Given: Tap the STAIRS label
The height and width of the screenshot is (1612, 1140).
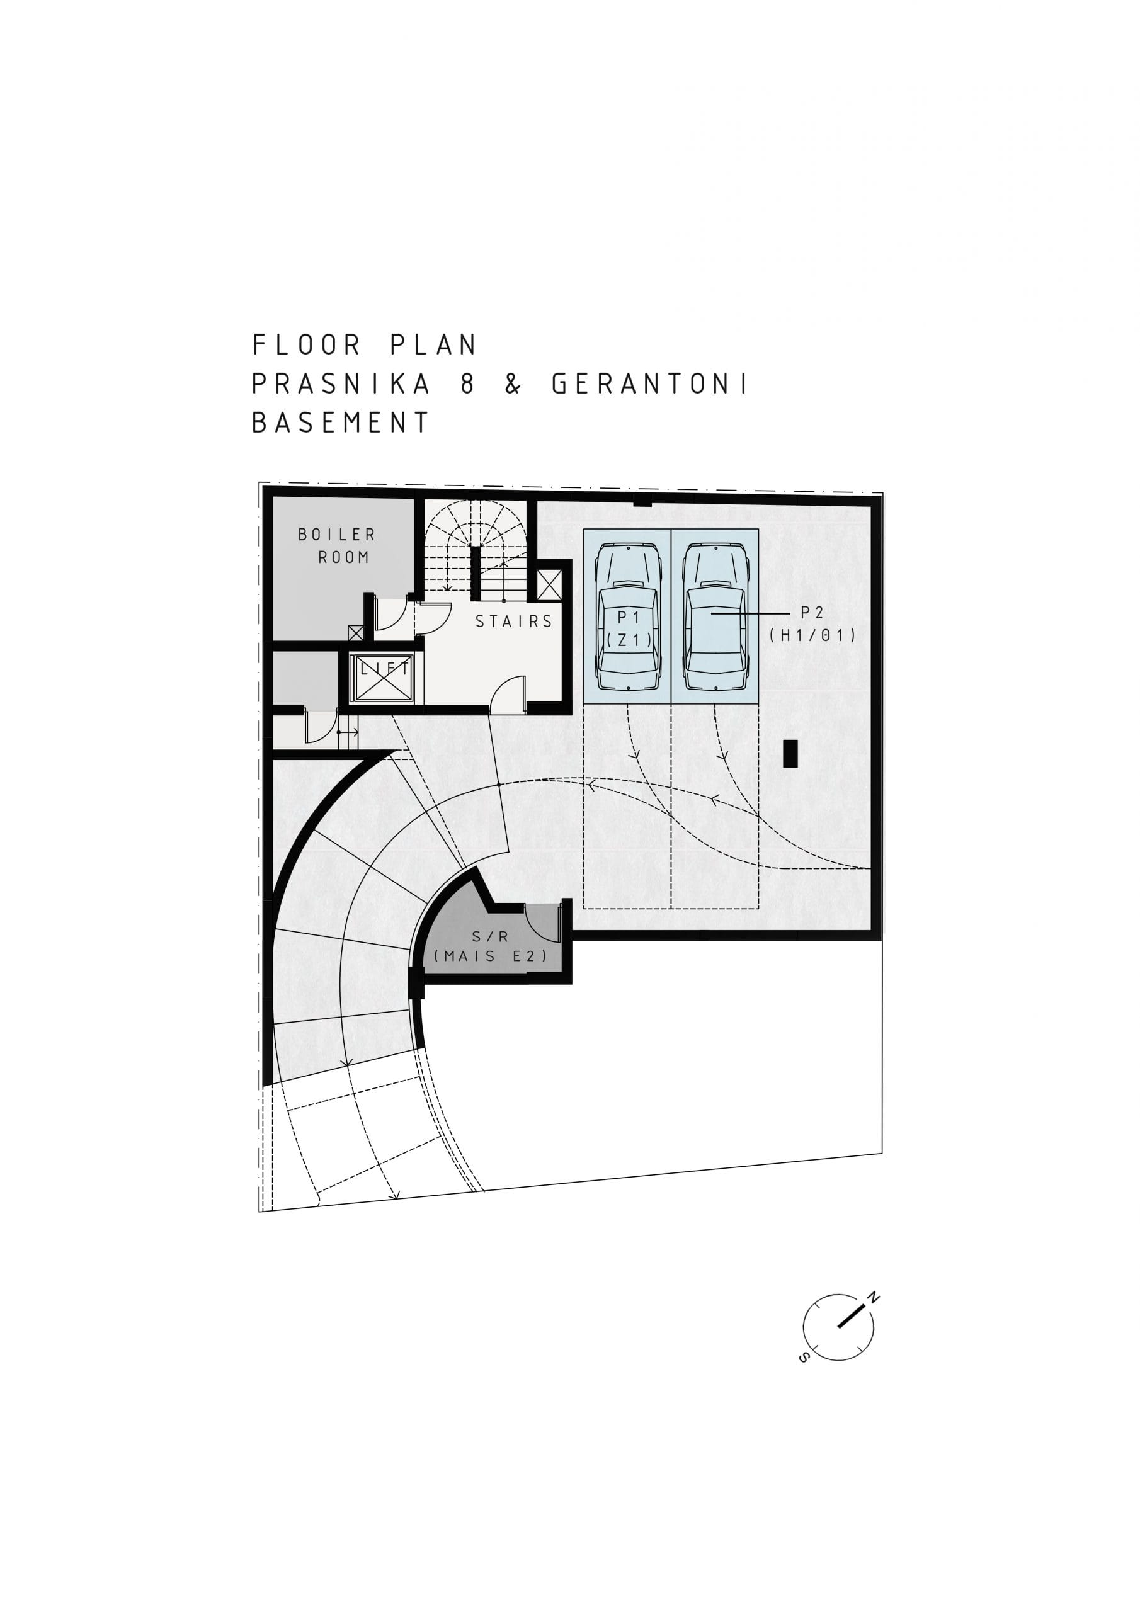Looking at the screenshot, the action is point(514,622).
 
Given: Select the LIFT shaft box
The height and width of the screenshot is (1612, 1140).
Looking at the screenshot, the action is point(383,678).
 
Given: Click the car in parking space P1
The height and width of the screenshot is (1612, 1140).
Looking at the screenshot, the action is point(627,618).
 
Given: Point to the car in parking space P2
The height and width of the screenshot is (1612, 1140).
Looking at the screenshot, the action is point(715,618).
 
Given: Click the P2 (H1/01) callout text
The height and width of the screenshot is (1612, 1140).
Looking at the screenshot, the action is point(812,624).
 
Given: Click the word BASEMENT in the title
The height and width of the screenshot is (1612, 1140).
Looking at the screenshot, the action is point(341,423).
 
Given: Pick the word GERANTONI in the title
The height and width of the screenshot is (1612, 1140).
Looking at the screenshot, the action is point(651,384).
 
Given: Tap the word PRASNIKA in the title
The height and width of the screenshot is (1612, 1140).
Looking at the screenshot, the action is point(341,384).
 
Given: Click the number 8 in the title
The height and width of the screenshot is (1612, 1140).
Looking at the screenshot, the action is point(468,384).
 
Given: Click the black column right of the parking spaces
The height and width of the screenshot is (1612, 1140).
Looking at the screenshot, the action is point(790,753).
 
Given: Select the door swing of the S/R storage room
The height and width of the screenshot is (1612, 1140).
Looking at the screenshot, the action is point(543,922).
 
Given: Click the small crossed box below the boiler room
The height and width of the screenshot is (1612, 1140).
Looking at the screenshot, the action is point(355,633).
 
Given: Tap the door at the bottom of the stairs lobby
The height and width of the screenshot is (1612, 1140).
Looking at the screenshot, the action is point(507,694).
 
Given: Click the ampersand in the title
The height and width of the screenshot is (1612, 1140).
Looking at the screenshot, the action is point(513,384).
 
